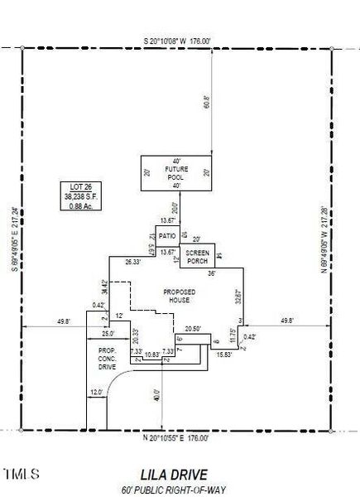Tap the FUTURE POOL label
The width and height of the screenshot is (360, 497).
(x=175, y=174)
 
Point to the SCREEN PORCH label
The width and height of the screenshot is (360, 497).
(x=197, y=256)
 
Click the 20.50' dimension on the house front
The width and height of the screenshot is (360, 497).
(x=193, y=329)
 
